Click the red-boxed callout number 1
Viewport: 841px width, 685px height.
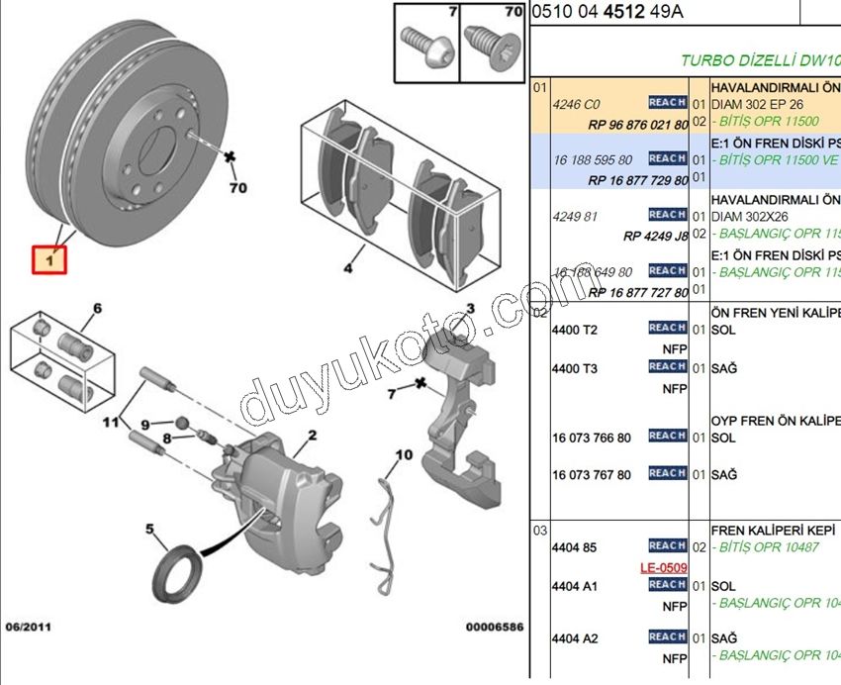pyautogui.click(x=47, y=260)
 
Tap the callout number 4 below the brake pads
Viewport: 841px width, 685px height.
pyautogui.click(x=348, y=267)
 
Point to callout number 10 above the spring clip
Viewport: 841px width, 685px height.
pyautogui.click(x=403, y=455)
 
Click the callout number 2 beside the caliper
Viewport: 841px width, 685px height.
pyautogui.click(x=311, y=435)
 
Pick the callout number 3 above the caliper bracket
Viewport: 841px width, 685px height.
pyautogui.click(x=471, y=310)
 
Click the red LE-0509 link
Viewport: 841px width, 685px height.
pyautogui.click(x=663, y=568)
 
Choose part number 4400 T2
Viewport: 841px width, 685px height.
pyautogui.click(x=575, y=329)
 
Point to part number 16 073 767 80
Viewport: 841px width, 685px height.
pyautogui.click(x=591, y=475)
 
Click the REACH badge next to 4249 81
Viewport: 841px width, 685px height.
pyautogui.click(x=668, y=215)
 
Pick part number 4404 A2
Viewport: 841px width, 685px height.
pyautogui.click(x=575, y=638)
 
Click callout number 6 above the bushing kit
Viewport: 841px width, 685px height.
pyautogui.click(x=97, y=309)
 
